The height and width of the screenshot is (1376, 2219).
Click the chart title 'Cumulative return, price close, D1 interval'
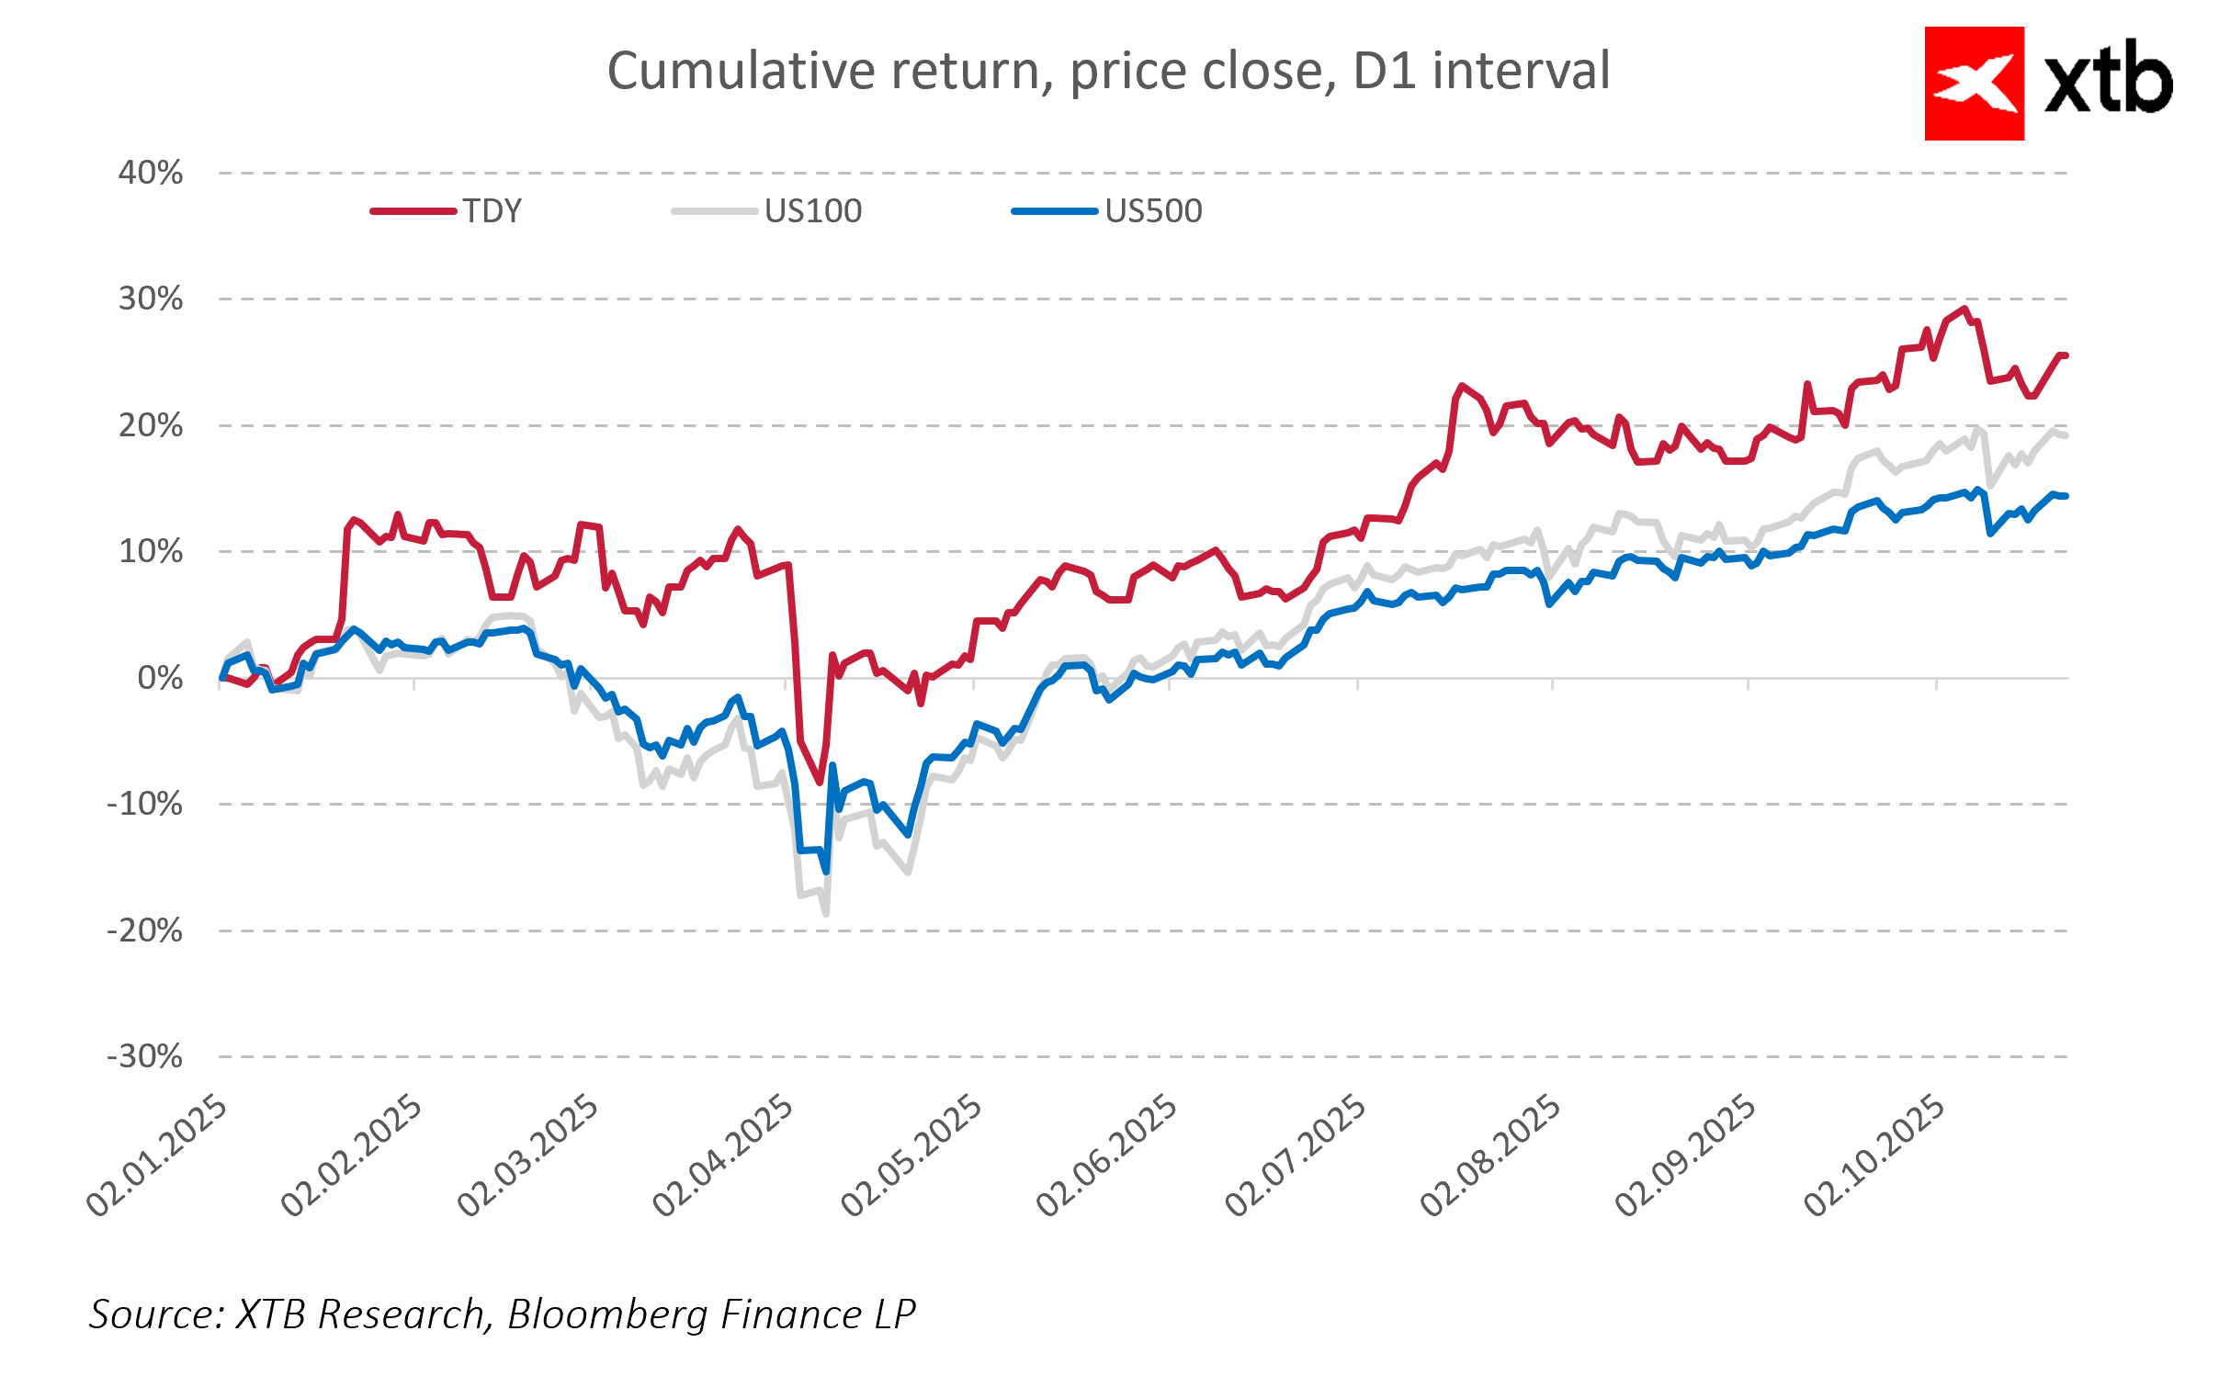1108,72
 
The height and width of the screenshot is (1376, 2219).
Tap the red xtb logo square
1974,84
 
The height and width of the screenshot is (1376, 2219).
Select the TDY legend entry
492,211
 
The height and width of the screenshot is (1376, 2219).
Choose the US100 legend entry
812,211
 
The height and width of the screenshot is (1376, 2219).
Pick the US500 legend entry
1152,211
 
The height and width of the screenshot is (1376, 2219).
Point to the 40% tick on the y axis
151,173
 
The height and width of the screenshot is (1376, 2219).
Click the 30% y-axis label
151,299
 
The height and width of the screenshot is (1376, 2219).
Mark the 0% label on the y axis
160,678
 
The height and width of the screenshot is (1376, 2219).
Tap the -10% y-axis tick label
145,805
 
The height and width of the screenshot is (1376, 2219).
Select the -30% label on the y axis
145,1056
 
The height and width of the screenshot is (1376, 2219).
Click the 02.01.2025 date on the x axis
156,1156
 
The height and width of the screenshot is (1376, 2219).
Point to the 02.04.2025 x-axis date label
722,1156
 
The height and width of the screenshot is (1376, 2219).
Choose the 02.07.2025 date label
1295,1156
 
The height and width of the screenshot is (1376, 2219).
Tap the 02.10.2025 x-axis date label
1874,1156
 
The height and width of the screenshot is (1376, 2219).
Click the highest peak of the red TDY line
1964,309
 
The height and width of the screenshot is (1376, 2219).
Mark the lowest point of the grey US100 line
826,914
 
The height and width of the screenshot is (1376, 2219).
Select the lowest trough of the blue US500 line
826,871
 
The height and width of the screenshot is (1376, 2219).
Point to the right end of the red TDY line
2066,355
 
